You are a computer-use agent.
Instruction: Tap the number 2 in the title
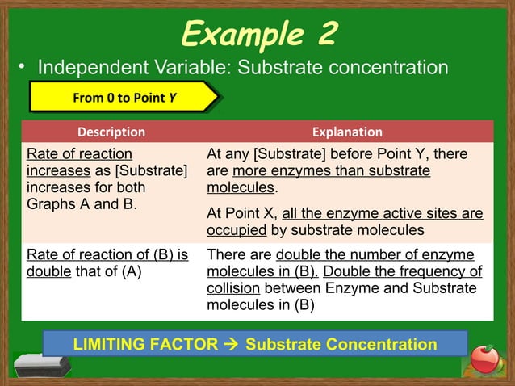tap(322, 34)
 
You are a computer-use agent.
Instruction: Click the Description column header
tap(111, 132)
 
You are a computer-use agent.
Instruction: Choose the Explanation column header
tap(347, 132)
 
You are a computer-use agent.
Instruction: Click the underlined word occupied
tap(237, 230)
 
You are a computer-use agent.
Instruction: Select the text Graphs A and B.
tap(81, 203)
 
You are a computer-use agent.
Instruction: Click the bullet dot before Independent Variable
tap(23, 68)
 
